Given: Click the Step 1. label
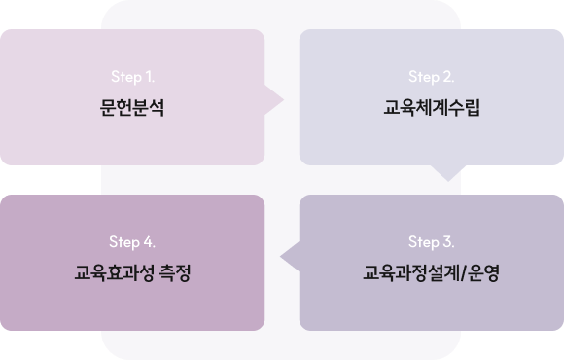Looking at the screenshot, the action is pos(132,77).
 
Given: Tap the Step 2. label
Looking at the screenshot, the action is pos(432,77).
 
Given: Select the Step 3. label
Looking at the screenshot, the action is pos(432,242).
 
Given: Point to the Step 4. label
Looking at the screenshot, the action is pos(132,242).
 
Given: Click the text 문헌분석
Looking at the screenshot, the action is pos(132,107).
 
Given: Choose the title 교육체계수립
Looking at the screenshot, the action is pos(432,107).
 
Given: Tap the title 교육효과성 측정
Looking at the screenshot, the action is pos(132,272).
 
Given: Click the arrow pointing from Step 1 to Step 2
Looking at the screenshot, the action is pos(274,100).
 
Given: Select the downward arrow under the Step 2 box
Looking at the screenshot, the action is pos(448,173).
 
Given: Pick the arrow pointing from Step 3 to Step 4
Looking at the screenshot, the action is pos(290,257).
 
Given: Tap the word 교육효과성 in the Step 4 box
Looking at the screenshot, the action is pos(115,272).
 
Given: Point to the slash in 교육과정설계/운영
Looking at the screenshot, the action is pos(463,273).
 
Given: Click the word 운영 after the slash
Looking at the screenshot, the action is pos(483,272).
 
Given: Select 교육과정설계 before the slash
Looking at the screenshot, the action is pos(410,272).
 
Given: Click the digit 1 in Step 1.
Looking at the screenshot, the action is pos(148,76).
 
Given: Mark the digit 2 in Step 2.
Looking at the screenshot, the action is pos(446,76).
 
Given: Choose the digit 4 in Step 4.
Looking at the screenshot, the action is pos(148,241).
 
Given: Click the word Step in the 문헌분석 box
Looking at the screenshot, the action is pos(126,77).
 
